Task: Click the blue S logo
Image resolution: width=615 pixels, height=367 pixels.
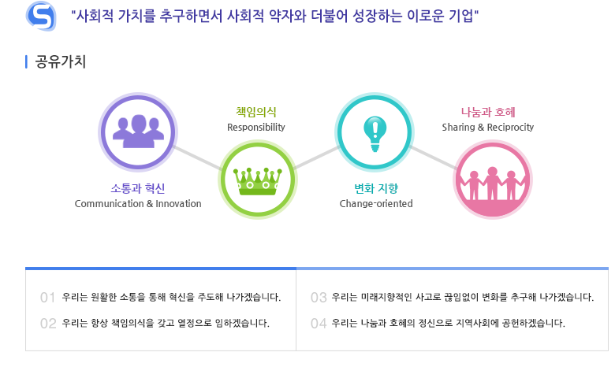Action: (x=41, y=16)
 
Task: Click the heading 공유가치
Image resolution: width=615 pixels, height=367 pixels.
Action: (x=61, y=61)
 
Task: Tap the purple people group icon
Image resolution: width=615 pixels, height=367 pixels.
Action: (x=138, y=132)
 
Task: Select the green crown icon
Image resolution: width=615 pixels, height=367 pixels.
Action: (x=257, y=181)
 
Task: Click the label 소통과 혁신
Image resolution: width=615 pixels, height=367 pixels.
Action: (x=138, y=188)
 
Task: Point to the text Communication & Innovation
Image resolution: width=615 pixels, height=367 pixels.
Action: (x=138, y=204)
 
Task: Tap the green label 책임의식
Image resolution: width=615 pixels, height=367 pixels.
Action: (x=256, y=112)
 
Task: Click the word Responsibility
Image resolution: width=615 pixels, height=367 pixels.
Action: (x=256, y=128)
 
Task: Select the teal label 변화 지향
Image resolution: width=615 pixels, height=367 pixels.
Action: (x=376, y=188)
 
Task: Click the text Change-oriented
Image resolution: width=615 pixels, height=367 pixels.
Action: (x=376, y=204)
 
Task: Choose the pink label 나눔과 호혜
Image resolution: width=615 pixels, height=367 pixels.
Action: (x=488, y=112)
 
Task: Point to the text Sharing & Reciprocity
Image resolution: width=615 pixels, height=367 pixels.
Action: (x=488, y=128)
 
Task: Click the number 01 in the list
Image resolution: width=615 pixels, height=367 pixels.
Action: (x=47, y=298)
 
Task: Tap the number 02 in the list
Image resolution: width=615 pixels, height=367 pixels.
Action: (x=48, y=324)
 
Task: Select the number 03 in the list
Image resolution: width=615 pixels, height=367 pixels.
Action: (x=319, y=298)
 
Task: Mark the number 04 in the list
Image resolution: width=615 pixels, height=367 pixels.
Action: (x=319, y=324)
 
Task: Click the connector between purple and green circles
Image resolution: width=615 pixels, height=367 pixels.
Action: (x=197, y=158)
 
